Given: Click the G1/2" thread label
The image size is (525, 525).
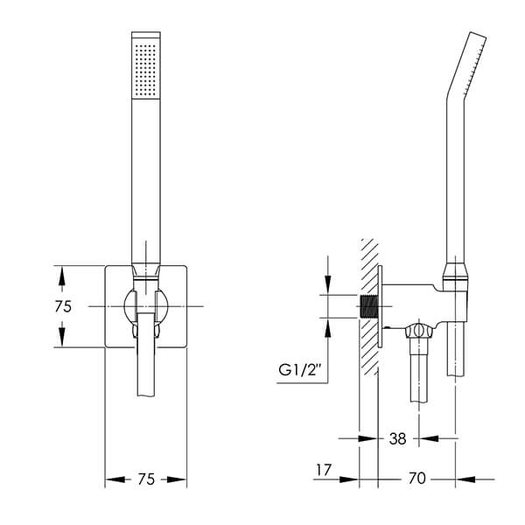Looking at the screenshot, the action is [x=299, y=370].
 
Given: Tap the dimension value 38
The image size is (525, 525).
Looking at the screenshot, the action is [x=398, y=438].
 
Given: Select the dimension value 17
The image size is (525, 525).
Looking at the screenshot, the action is [x=324, y=470].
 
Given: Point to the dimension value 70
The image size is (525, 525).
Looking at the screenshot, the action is [x=416, y=478].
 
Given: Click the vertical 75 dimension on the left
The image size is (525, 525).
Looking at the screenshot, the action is [x=63, y=306].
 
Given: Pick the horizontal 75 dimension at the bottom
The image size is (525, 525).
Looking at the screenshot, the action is [x=146, y=479].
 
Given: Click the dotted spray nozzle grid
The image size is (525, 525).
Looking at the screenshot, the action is [x=145, y=70].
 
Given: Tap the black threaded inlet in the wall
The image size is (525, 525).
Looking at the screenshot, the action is [x=368, y=306].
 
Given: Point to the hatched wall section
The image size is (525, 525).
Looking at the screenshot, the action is [x=368, y=306].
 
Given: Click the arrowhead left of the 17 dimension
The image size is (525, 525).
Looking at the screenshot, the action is [x=349, y=479].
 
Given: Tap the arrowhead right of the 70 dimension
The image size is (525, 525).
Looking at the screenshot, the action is [x=465, y=479].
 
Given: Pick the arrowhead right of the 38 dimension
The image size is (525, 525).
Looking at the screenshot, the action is [x=429, y=438].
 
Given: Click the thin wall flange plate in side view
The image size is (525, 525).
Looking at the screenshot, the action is [x=380, y=306].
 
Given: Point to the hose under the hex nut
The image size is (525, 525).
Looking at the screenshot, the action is [x=419, y=370].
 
